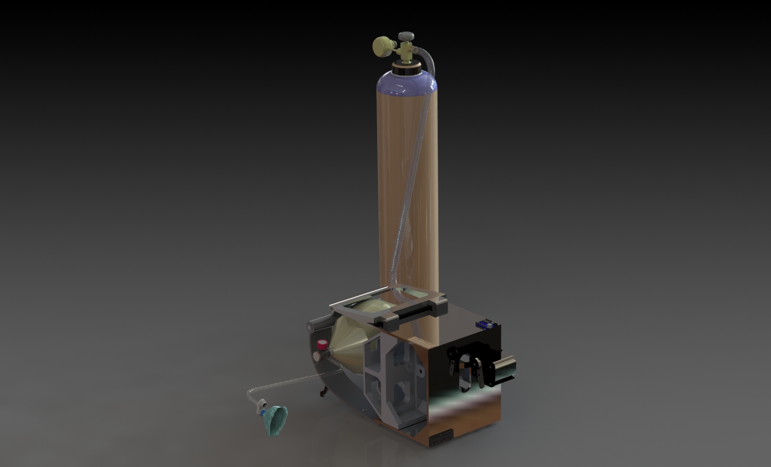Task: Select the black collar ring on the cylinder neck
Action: [406, 69]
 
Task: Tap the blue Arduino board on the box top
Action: [484, 324]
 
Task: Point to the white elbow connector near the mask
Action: [261, 405]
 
